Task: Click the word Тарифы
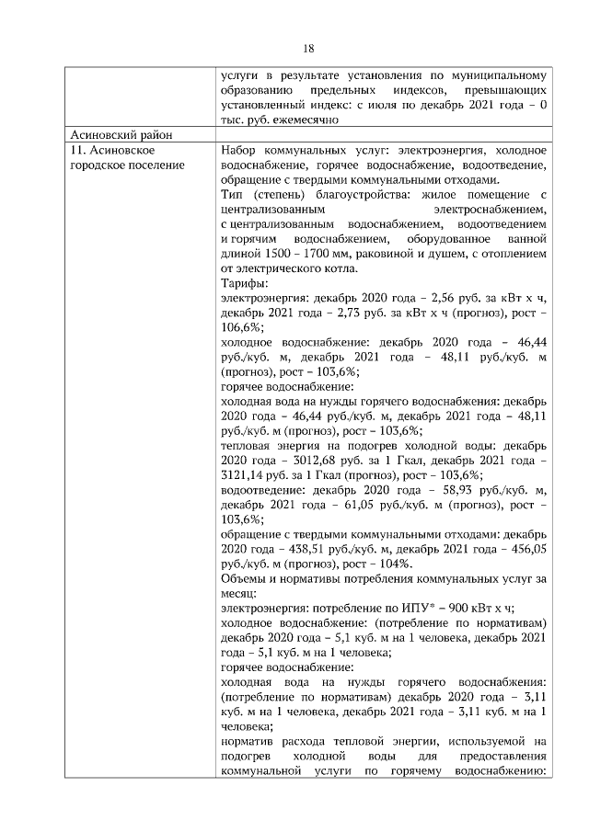(x=243, y=283)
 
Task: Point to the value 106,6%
(x=241, y=326)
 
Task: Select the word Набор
(x=241, y=150)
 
